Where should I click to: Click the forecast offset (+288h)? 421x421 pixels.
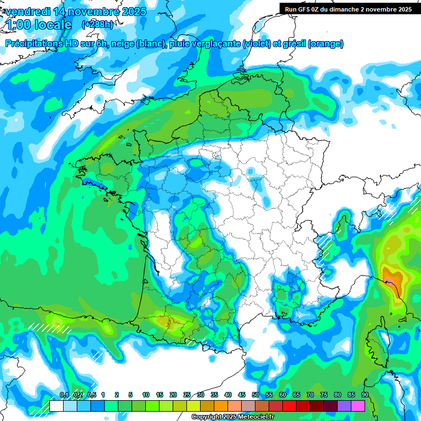click(x=98, y=25)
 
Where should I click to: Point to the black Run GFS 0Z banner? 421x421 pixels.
click(x=349, y=9)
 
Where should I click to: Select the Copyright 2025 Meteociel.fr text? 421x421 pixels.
click(x=232, y=417)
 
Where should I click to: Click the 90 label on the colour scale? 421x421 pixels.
click(x=365, y=395)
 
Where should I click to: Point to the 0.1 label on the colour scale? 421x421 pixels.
click(x=64, y=395)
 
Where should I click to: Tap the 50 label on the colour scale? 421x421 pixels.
click(x=255, y=395)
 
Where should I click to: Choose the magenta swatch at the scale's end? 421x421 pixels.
click(x=358, y=406)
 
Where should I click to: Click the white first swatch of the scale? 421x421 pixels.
click(x=56, y=406)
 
